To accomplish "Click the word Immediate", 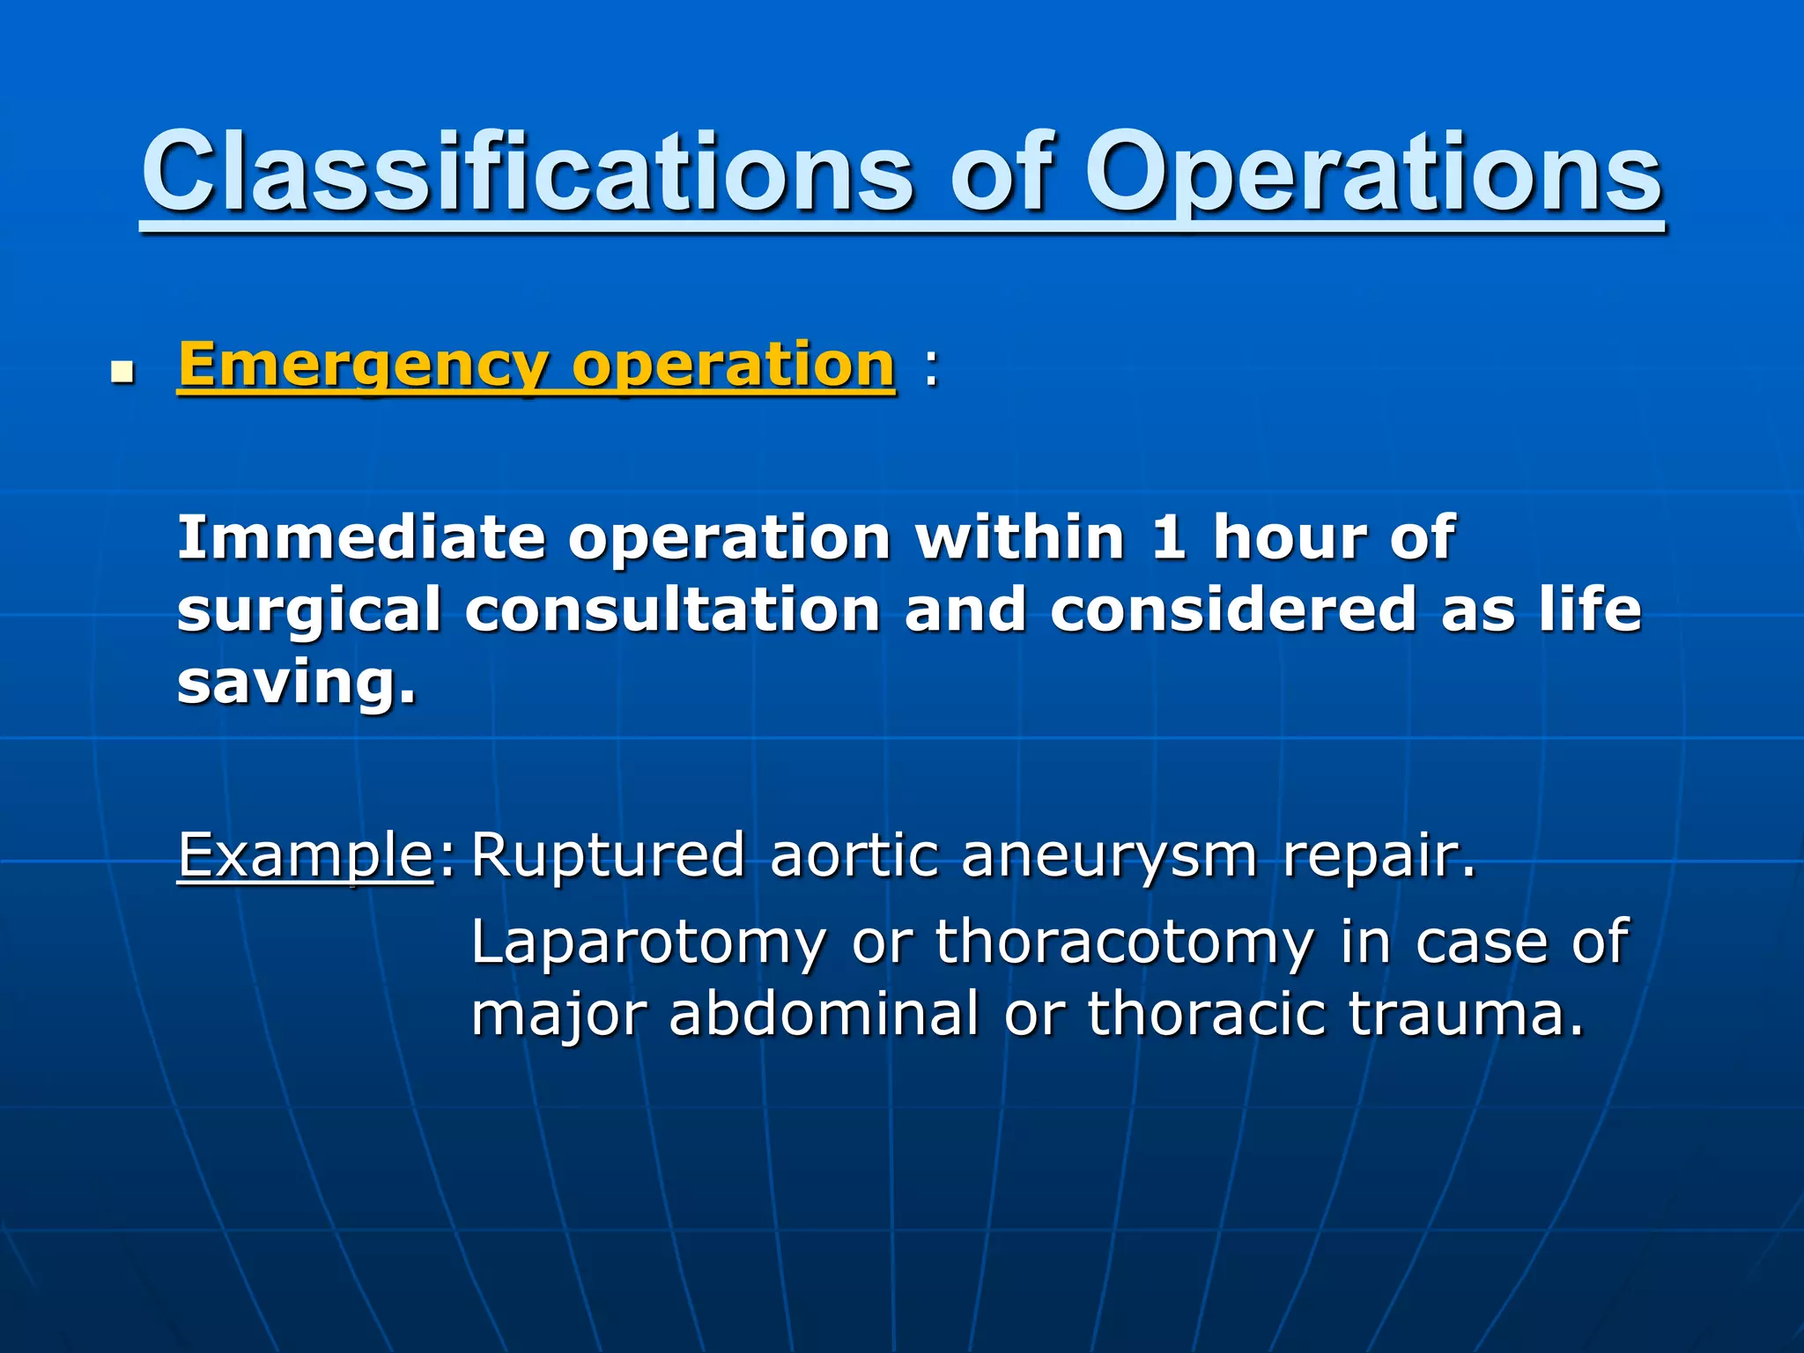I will pos(361,537).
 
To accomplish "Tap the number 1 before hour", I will pos(1168,537).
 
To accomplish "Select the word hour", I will pos(1288,537).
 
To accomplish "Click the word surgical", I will pos(308,611).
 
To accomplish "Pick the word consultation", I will pos(672,610).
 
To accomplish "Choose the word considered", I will pos(1233,610).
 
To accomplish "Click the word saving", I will pos(295,683).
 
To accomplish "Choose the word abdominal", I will pos(824,1015).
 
